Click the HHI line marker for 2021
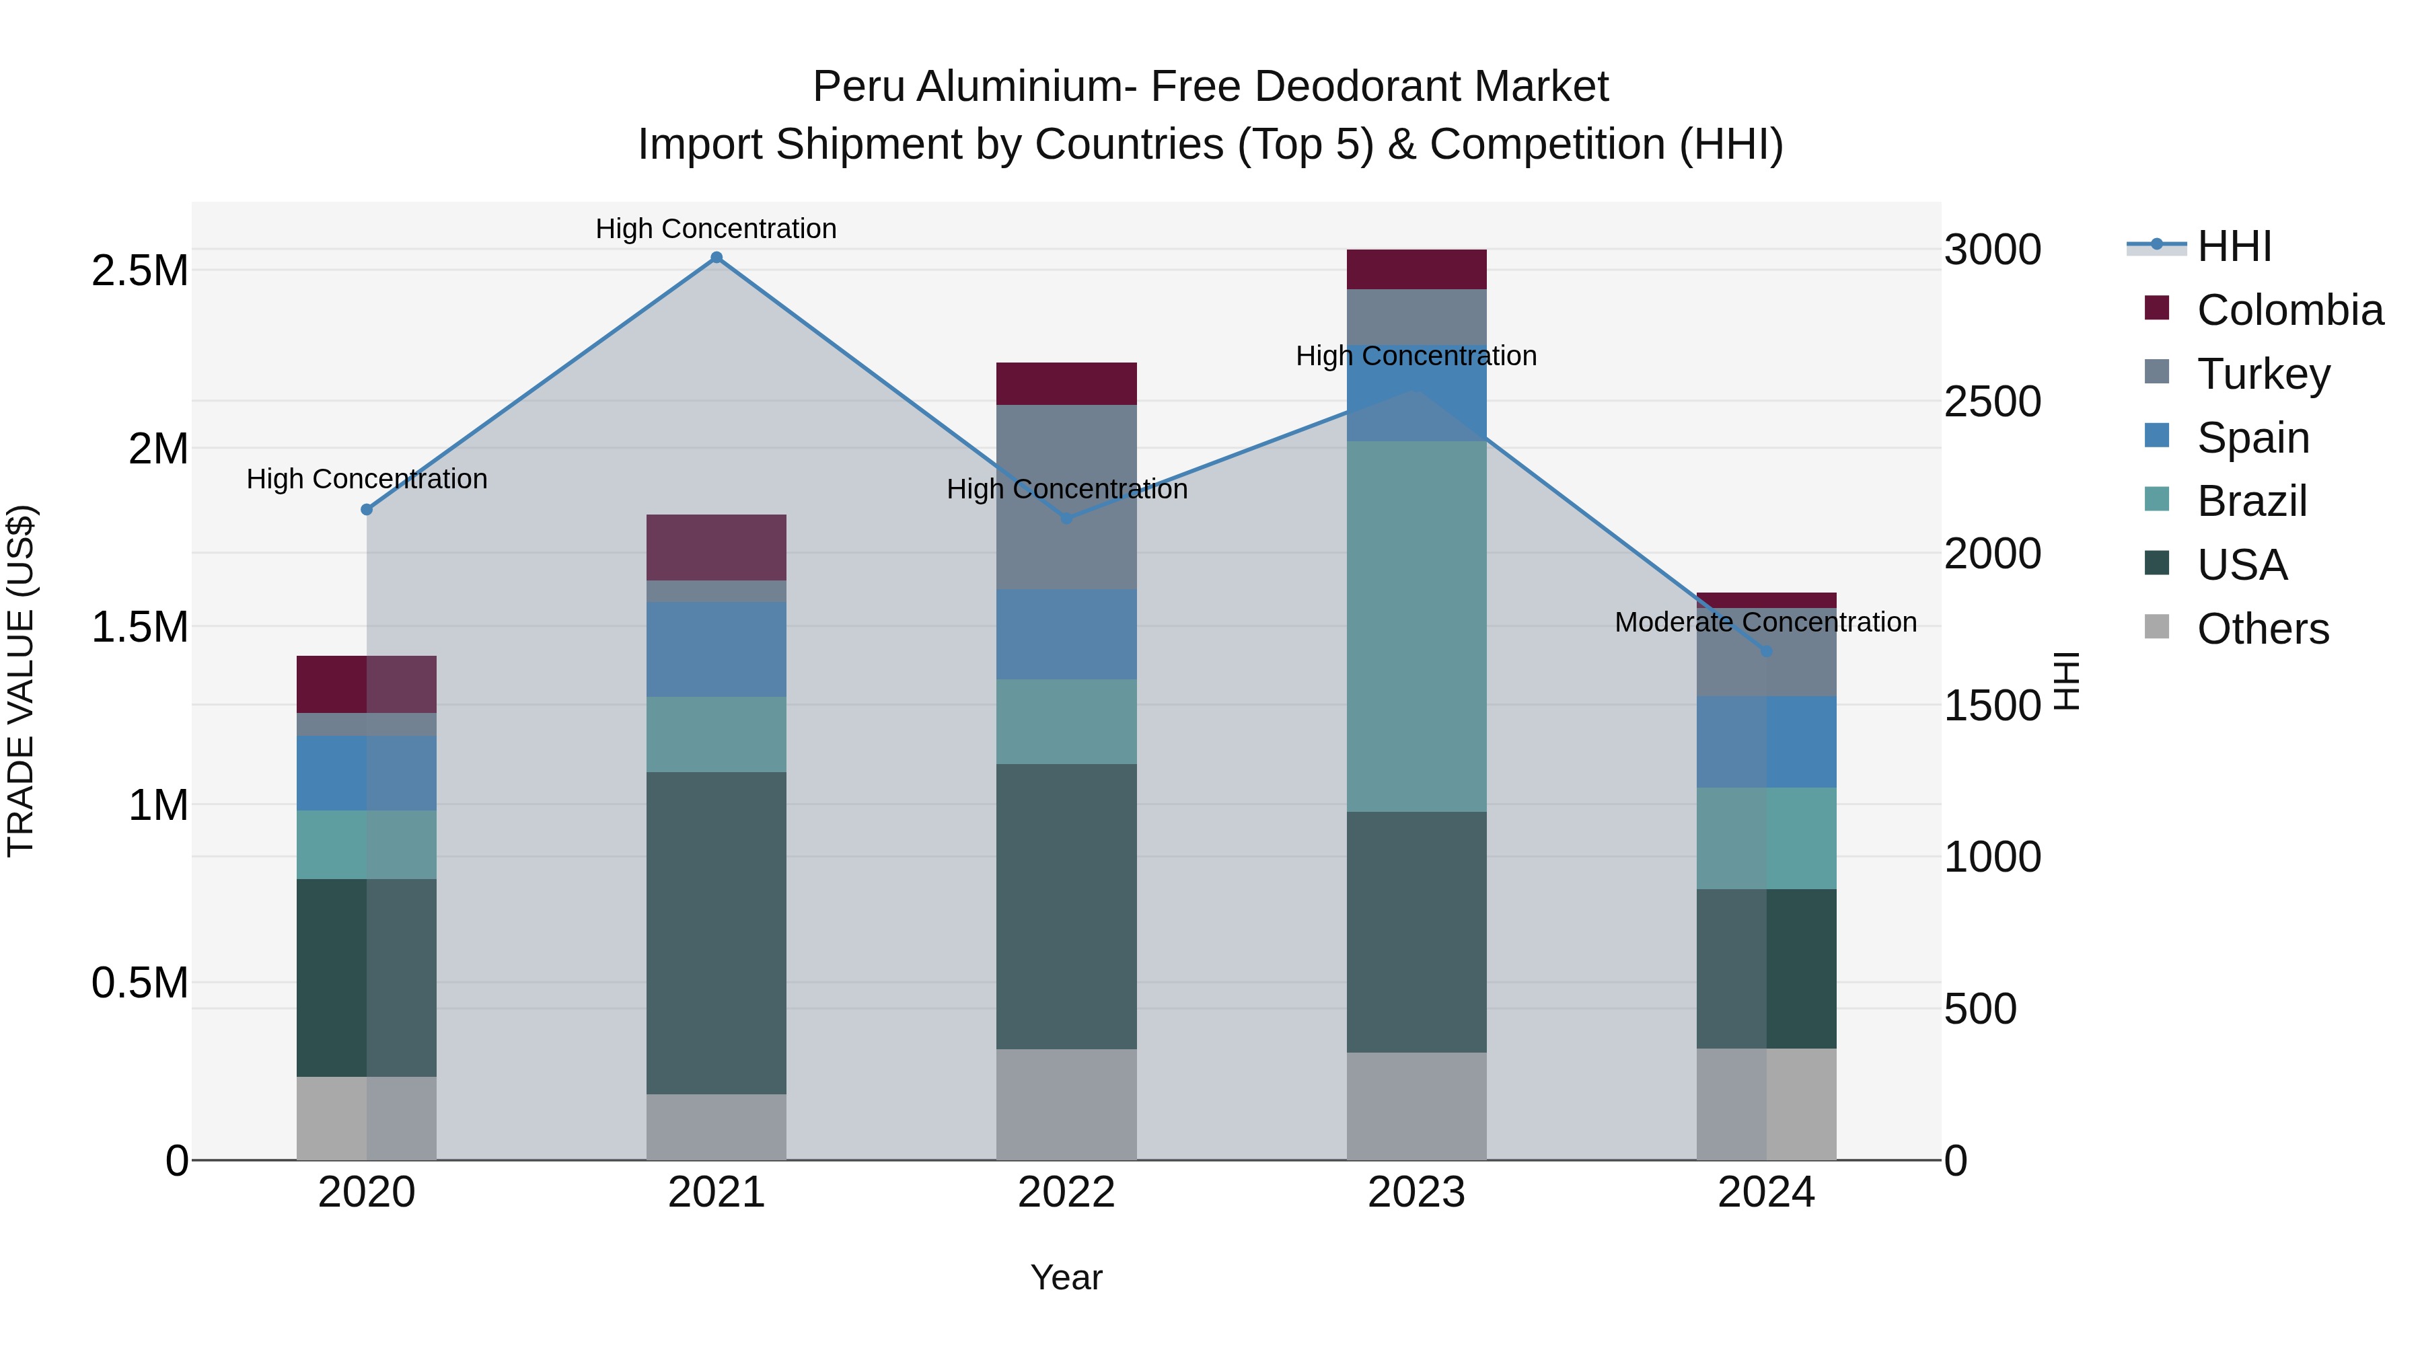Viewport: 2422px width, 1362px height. click(x=717, y=258)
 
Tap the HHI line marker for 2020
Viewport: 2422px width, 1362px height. click(x=367, y=509)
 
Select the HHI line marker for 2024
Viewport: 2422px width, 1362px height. click(x=1766, y=651)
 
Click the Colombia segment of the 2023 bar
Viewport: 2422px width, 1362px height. click(x=1416, y=270)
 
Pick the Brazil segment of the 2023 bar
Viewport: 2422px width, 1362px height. click(x=1416, y=626)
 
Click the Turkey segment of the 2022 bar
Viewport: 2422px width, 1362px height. click(x=1066, y=497)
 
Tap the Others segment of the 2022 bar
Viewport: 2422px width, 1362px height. click(x=1066, y=1104)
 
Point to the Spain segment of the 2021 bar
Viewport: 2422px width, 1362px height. click(x=717, y=650)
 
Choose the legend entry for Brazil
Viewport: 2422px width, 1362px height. click(x=2251, y=501)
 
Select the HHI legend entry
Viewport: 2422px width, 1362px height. click(x=2234, y=246)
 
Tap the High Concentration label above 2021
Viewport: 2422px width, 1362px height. click(x=716, y=229)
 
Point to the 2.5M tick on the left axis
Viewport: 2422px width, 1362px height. click(x=140, y=270)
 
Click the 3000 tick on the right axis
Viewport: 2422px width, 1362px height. click(x=1992, y=250)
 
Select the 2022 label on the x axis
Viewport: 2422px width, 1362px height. click(x=1066, y=1193)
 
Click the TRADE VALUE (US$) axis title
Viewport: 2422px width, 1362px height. click(x=21, y=681)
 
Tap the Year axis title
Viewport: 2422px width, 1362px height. click(x=1066, y=1277)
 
